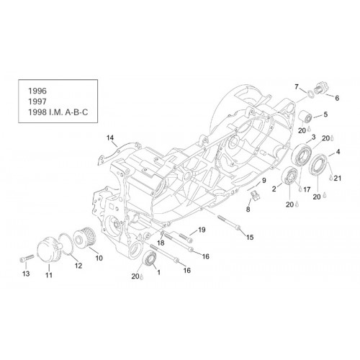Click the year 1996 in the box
[x=37, y=91]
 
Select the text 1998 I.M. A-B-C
[x=58, y=112]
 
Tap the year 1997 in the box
[x=37, y=102]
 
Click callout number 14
[x=110, y=138]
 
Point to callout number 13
[x=26, y=274]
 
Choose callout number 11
[x=49, y=275]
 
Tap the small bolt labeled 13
[x=27, y=258]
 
